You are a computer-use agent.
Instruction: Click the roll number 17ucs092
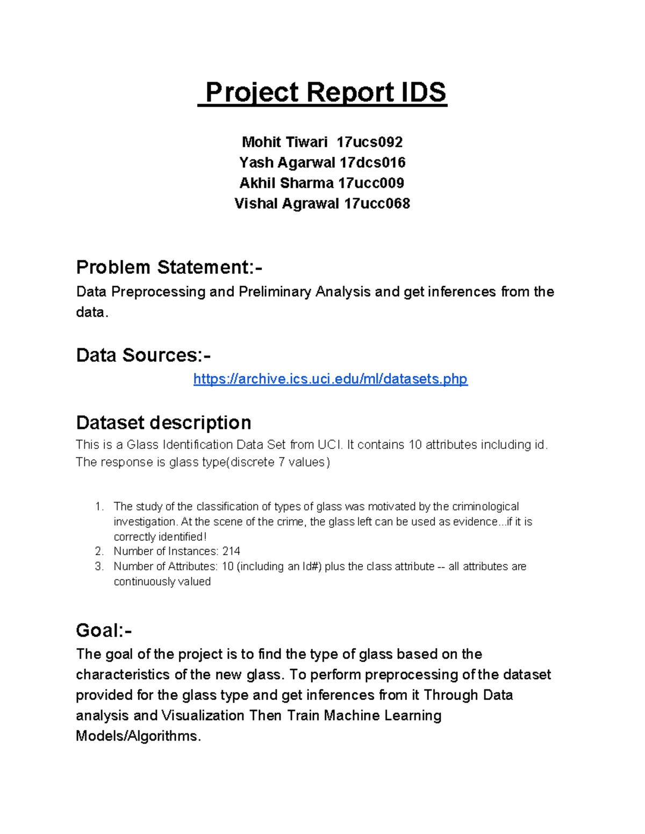pyautogui.click(x=369, y=142)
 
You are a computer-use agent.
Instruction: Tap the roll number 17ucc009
pyautogui.click(x=371, y=183)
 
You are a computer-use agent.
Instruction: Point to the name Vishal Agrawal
pyautogui.click(x=286, y=204)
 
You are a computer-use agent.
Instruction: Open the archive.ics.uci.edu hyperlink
pyautogui.click(x=330, y=379)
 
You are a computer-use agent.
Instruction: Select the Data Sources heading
pyautogui.click(x=143, y=355)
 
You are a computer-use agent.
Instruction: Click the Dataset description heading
pyautogui.click(x=163, y=423)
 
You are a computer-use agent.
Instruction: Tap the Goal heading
pyautogui.click(x=104, y=630)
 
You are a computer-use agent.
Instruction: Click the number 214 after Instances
pyautogui.click(x=231, y=552)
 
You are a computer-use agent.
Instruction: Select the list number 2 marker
pyautogui.click(x=99, y=552)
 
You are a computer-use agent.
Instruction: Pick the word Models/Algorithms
pyautogui.click(x=138, y=736)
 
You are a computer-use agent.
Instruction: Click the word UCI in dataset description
pyautogui.click(x=329, y=445)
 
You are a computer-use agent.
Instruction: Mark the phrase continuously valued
pyautogui.click(x=162, y=582)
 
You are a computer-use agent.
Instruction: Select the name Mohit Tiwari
pyautogui.click(x=284, y=142)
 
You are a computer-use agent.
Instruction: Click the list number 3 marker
pyautogui.click(x=99, y=567)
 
